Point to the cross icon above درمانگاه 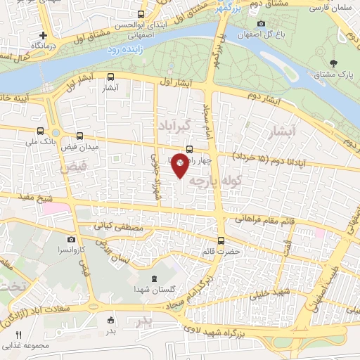(x=44, y=34)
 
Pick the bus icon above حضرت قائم (x=221, y=240)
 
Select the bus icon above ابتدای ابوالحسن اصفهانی (x=141, y=14)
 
